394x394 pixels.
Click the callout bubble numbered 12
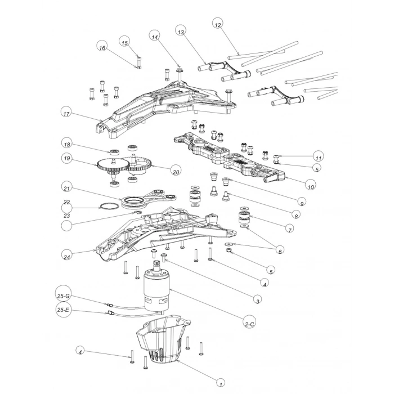[x=218, y=24]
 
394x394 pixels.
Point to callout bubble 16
[x=102, y=47]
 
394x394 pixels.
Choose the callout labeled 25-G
[x=64, y=296]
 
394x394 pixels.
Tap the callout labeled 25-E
[x=64, y=310]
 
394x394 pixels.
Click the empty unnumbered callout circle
[x=66, y=226]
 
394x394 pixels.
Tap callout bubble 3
[x=257, y=301]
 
